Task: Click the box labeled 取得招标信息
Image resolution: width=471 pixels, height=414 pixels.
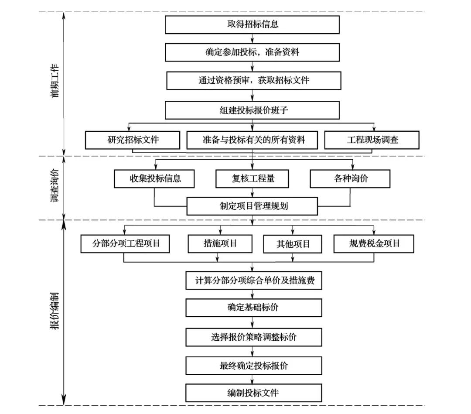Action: (x=253, y=24)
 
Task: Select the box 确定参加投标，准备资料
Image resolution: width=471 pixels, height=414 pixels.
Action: (x=253, y=52)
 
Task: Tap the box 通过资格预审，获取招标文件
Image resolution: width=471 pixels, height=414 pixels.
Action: (x=254, y=81)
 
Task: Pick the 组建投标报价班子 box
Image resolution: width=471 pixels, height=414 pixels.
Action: (x=253, y=110)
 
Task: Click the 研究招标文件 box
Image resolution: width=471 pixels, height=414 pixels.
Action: (x=133, y=140)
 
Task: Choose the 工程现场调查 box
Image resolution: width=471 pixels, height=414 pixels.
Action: (x=372, y=140)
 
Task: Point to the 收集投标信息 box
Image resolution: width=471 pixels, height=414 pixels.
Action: (x=154, y=179)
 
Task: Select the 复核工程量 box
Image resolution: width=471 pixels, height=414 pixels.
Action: (x=253, y=179)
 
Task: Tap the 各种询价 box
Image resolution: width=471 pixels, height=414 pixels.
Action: (x=350, y=179)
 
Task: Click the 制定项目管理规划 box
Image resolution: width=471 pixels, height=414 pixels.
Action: (x=253, y=206)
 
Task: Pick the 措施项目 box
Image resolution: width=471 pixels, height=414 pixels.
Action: (x=220, y=244)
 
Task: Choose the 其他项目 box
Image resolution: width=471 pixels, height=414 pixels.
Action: (x=293, y=244)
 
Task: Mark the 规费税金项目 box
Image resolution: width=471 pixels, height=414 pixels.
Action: (x=374, y=244)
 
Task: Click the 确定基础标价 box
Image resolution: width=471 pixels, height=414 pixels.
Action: (x=254, y=308)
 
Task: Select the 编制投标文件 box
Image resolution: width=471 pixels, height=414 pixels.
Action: (x=254, y=393)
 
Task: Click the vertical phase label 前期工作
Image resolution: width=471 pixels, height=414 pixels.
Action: (x=55, y=81)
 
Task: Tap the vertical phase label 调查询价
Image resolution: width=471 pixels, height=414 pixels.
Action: (x=55, y=185)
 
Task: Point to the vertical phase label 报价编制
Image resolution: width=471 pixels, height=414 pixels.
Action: (x=55, y=311)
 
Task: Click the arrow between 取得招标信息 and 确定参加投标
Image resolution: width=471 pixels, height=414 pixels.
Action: (x=253, y=38)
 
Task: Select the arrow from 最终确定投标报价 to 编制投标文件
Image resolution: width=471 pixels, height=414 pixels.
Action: (x=253, y=380)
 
